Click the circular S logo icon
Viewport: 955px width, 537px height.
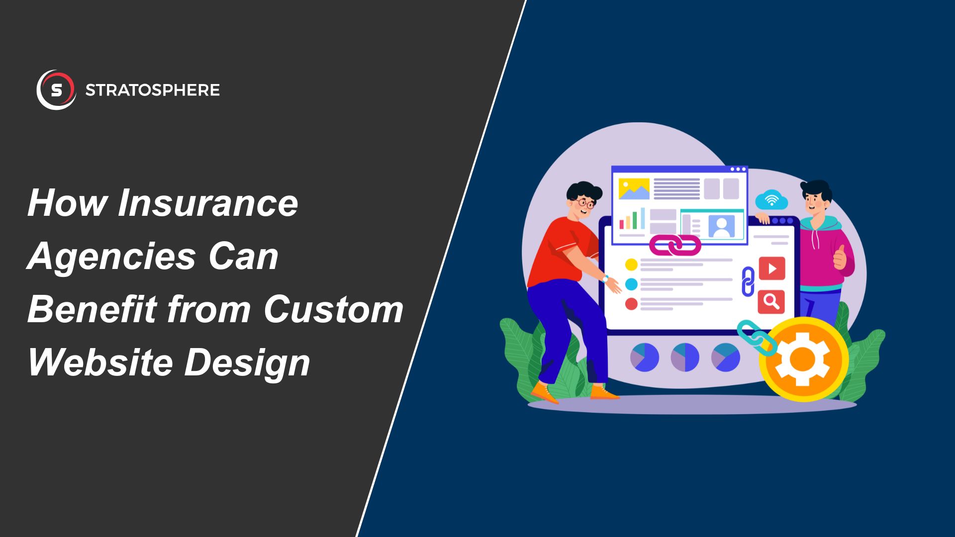(x=56, y=90)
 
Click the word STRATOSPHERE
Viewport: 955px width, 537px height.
(x=152, y=90)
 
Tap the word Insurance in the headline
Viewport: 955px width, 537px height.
(x=207, y=203)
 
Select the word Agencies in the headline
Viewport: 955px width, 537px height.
(x=111, y=257)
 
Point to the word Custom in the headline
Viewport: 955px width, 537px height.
(x=333, y=309)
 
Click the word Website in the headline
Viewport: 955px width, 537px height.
(x=100, y=362)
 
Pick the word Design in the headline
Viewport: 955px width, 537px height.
(x=247, y=363)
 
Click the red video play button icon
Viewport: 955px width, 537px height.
(x=771, y=268)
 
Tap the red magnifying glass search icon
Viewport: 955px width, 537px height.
(x=771, y=301)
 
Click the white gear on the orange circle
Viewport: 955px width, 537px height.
(x=803, y=358)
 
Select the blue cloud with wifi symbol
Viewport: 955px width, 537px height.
(x=771, y=200)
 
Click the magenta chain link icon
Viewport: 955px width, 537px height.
(x=675, y=245)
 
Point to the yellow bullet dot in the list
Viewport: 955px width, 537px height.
(x=631, y=264)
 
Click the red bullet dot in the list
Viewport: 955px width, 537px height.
(x=631, y=303)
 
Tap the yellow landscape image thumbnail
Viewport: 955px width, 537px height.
(x=634, y=189)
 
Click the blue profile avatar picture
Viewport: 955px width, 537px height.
(x=721, y=226)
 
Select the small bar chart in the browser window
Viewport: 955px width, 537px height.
(x=632, y=219)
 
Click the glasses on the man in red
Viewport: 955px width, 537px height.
(x=585, y=203)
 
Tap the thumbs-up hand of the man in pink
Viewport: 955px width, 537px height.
(x=840, y=258)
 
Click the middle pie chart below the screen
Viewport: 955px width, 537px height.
(x=685, y=357)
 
